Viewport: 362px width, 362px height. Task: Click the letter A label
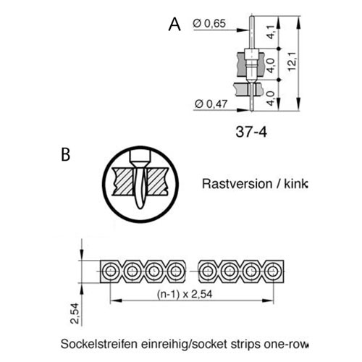click(174, 25)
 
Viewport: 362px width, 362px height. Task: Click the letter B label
click(66, 154)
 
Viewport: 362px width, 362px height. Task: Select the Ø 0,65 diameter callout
click(209, 23)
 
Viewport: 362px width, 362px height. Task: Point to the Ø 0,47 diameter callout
click(211, 104)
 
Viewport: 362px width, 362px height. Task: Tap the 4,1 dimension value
click(271, 32)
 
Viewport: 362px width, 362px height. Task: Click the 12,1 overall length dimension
click(292, 62)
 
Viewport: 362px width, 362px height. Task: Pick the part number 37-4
click(251, 132)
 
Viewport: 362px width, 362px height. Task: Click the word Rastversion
click(237, 184)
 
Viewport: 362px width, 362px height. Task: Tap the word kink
click(295, 184)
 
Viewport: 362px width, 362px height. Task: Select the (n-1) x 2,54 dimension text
click(185, 294)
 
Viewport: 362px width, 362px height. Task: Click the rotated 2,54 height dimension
click(75, 313)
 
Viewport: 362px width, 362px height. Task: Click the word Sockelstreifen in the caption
click(99, 344)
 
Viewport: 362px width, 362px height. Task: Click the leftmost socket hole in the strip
click(110, 271)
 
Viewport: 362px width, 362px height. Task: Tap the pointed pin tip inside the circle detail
click(140, 207)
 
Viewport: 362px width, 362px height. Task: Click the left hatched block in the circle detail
click(123, 182)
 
